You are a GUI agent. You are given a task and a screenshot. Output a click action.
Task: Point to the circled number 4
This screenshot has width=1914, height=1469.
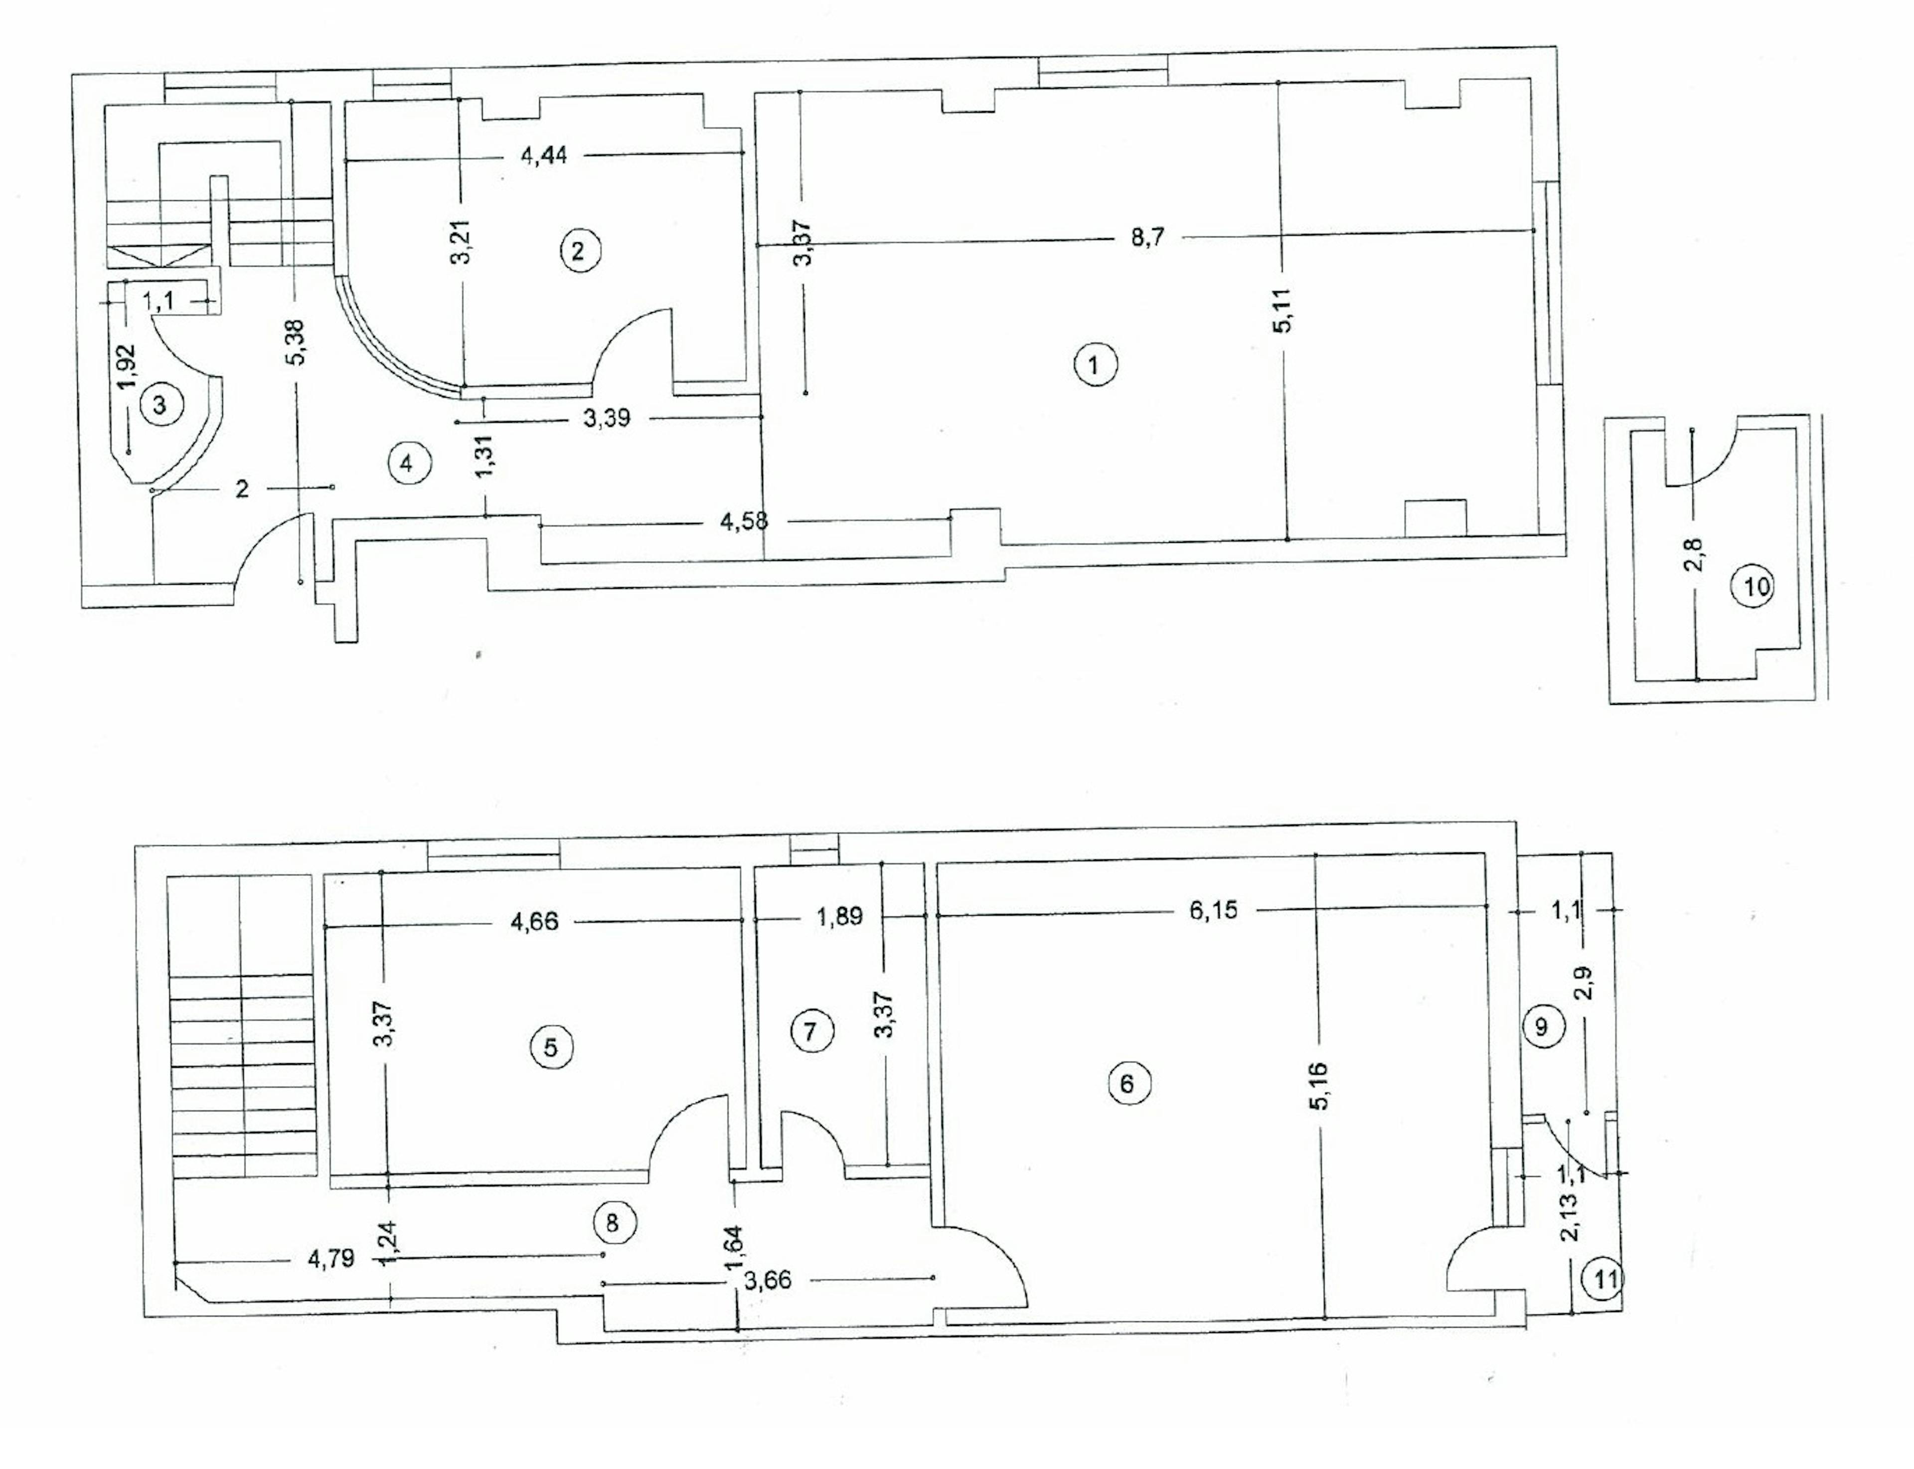[407, 464]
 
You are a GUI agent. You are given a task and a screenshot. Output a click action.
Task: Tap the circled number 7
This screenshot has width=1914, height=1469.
[809, 1032]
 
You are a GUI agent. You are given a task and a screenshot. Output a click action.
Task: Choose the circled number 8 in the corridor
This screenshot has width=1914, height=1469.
[612, 1222]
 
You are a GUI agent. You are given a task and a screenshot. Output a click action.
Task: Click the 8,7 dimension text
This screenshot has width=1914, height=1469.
[1147, 238]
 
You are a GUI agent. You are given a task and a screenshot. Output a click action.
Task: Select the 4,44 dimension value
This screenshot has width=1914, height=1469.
[544, 156]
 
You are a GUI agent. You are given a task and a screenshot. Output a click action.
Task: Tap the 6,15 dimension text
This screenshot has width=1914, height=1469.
[1214, 910]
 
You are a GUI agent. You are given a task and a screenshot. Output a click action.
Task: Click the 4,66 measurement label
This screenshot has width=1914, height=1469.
[534, 922]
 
